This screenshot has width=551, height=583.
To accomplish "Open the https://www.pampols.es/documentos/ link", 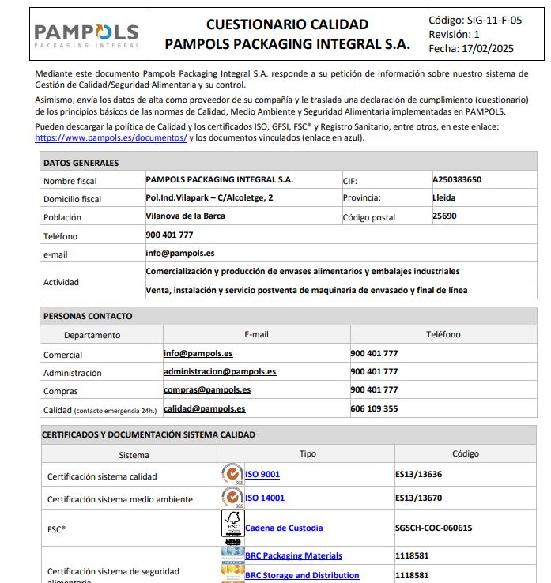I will click(111, 137).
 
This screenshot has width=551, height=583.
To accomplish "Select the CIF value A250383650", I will click(457, 180).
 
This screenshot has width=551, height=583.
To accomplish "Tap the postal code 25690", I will click(445, 216).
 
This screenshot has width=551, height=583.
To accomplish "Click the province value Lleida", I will click(444, 197).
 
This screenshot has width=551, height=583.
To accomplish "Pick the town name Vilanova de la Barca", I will click(185, 216).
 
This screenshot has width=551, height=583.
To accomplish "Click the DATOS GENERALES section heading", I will click(81, 163).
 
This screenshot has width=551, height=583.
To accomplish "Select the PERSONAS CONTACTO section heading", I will click(88, 316).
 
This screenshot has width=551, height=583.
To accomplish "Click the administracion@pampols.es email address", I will click(220, 371).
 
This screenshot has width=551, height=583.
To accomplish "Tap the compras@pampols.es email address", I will click(207, 389).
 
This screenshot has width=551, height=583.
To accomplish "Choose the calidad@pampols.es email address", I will click(205, 408).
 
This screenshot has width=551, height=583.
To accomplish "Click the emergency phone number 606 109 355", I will click(374, 408).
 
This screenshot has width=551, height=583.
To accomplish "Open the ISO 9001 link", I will click(262, 475).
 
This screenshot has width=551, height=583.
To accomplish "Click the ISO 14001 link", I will click(265, 498).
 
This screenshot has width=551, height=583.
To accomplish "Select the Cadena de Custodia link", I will click(284, 528).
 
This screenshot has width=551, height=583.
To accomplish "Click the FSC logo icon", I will click(232, 526).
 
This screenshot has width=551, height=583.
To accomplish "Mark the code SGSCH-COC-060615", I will click(433, 528).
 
